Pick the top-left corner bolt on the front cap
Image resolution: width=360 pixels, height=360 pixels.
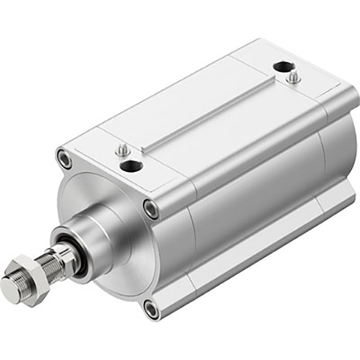(x=64, y=160)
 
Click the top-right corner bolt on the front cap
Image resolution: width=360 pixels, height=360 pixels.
(x=151, y=209)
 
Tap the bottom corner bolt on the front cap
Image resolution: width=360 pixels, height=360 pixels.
(x=152, y=308)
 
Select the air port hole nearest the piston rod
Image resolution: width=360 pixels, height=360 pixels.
(x=132, y=167)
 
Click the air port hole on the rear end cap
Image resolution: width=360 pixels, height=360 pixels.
(x=281, y=67)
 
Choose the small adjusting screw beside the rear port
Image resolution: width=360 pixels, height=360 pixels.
(x=294, y=77)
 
